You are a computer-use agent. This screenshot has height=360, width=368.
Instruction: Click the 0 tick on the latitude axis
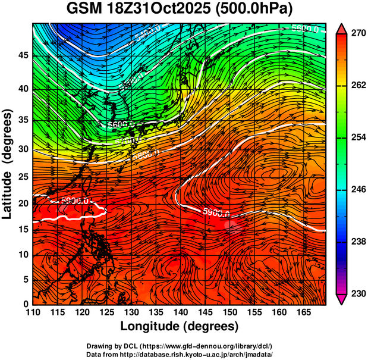click(x=26, y=304)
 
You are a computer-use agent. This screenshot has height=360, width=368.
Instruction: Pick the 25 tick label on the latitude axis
click(x=23, y=177)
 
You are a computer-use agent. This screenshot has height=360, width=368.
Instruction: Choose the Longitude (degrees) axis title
click(x=180, y=327)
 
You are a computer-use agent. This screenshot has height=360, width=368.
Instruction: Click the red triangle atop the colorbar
click(x=342, y=28)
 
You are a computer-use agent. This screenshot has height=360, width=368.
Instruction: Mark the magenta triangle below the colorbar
click(x=342, y=300)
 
